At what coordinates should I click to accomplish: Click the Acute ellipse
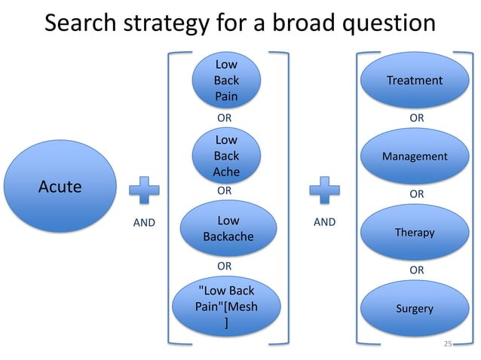click(x=60, y=188)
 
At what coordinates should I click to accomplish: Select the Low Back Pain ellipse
click(x=225, y=81)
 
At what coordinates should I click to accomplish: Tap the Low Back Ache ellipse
click(x=225, y=156)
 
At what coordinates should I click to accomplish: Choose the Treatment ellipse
click(x=415, y=81)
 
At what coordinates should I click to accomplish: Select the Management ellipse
click(x=415, y=157)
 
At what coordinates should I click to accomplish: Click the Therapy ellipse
click(x=415, y=232)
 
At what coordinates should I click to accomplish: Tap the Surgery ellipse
click(x=415, y=308)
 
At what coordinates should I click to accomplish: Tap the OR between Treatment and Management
click(x=416, y=118)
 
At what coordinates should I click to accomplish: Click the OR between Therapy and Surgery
click(x=416, y=270)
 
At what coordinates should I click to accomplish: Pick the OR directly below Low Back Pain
click(x=225, y=118)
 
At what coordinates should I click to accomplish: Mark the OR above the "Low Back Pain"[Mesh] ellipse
click(x=225, y=266)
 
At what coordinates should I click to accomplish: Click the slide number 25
click(x=448, y=343)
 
